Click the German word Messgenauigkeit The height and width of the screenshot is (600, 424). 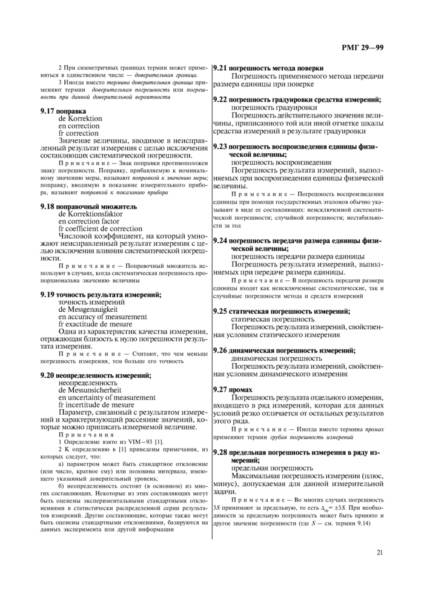pyautogui.click(x=88, y=309)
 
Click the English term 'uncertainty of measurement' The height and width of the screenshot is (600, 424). pyautogui.click(x=103, y=398)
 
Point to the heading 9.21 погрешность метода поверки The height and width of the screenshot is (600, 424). pyautogui.click(x=268, y=68)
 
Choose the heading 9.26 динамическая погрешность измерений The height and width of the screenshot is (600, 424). pyautogui.click(x=284, y=351)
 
